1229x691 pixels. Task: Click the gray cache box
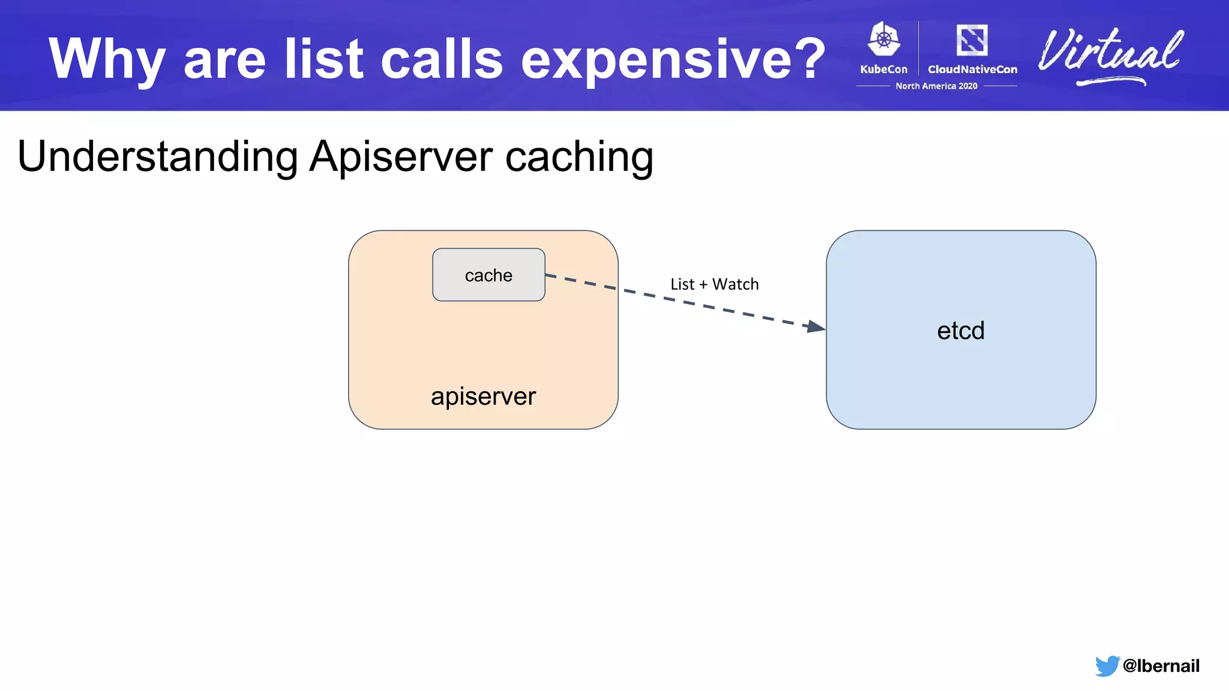pyautogui.click(x=488, y=275)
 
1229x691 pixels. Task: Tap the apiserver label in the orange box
pyautogui.click(x=483, y=396)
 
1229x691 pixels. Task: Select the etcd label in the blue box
pyautogui.click(x=961, y=331)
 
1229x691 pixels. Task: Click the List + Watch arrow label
pyautogui.click(x=714, y=284)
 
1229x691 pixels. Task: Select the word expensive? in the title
pyautogui.click(x=673, y=59)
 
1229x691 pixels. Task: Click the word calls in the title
pyautogui.click(x=442, y=59)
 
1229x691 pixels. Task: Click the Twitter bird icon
pyautogui.click(x=1107, y=665)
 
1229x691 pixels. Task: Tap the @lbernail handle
pyautogui.click(x=1161, y=666)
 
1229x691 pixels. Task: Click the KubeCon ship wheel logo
pyautogui.click(x=884, y=40)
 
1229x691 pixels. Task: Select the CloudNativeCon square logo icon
pyautogui.click(x=972, y=40)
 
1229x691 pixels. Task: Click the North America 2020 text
pyautogui.click(x=936, y=86)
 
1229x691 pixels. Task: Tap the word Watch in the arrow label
pyautogui.click(x=735, y=284)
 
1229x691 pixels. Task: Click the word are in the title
pyautogui.click(x=224, y=59)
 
